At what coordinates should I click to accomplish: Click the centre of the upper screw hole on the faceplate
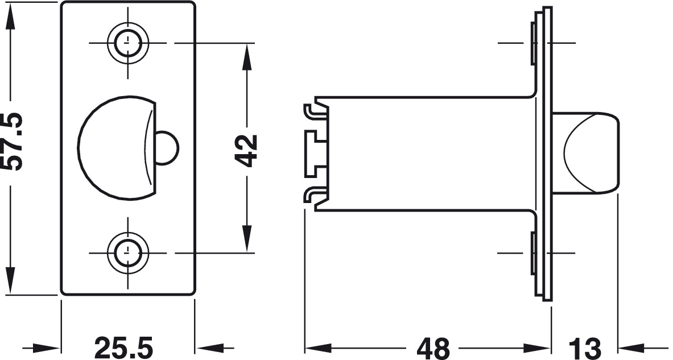[127, 43]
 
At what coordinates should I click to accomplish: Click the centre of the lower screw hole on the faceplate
[127, 253]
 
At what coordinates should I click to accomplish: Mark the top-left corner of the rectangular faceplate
[61, 2]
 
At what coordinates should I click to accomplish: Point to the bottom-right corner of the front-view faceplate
[195, 295]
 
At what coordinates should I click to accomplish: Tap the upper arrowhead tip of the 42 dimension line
[247, 44]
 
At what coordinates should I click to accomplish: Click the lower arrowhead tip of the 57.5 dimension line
[10, 294]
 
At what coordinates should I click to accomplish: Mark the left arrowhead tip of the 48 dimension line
[305, 346]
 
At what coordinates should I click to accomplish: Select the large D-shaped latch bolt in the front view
[116, 148]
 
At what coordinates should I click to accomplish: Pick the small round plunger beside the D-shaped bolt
[167, 148]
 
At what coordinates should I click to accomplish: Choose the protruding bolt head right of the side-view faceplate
[585, 152]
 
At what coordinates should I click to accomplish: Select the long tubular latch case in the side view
[426, 154]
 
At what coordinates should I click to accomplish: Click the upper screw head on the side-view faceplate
[534, 43]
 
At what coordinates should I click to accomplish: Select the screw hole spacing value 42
[246, 150]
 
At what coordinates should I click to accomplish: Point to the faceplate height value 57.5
[11, 142]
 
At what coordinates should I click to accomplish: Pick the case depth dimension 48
[433, 347]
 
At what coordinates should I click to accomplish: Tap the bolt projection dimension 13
[585, 347]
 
